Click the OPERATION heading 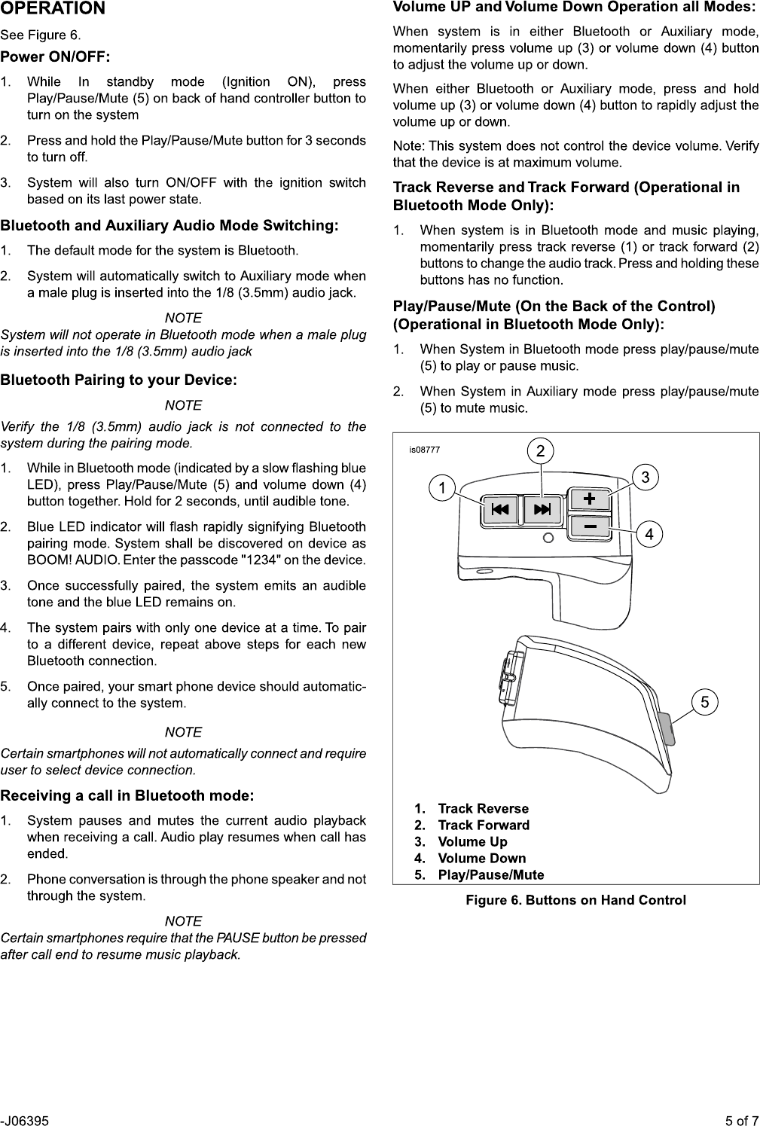(x=53, y=9)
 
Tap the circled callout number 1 (x=442, y=487)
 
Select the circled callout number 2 (x=540, y=451)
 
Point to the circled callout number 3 (x=646, y=477)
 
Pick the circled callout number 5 (x=704, y=702)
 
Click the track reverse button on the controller (x=500, y=510)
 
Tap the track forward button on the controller (x=542, y=510)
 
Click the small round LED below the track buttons (x=548, y=537)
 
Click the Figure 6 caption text (x=575, y=900)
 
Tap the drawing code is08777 (x=424, y=450)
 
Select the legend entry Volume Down (x=481, y=858)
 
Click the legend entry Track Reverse (x=483, y=808)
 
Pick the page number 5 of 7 (x=742, y=1120)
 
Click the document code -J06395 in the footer (x=25, y=1120)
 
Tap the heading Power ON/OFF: (x=55, y=57)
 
